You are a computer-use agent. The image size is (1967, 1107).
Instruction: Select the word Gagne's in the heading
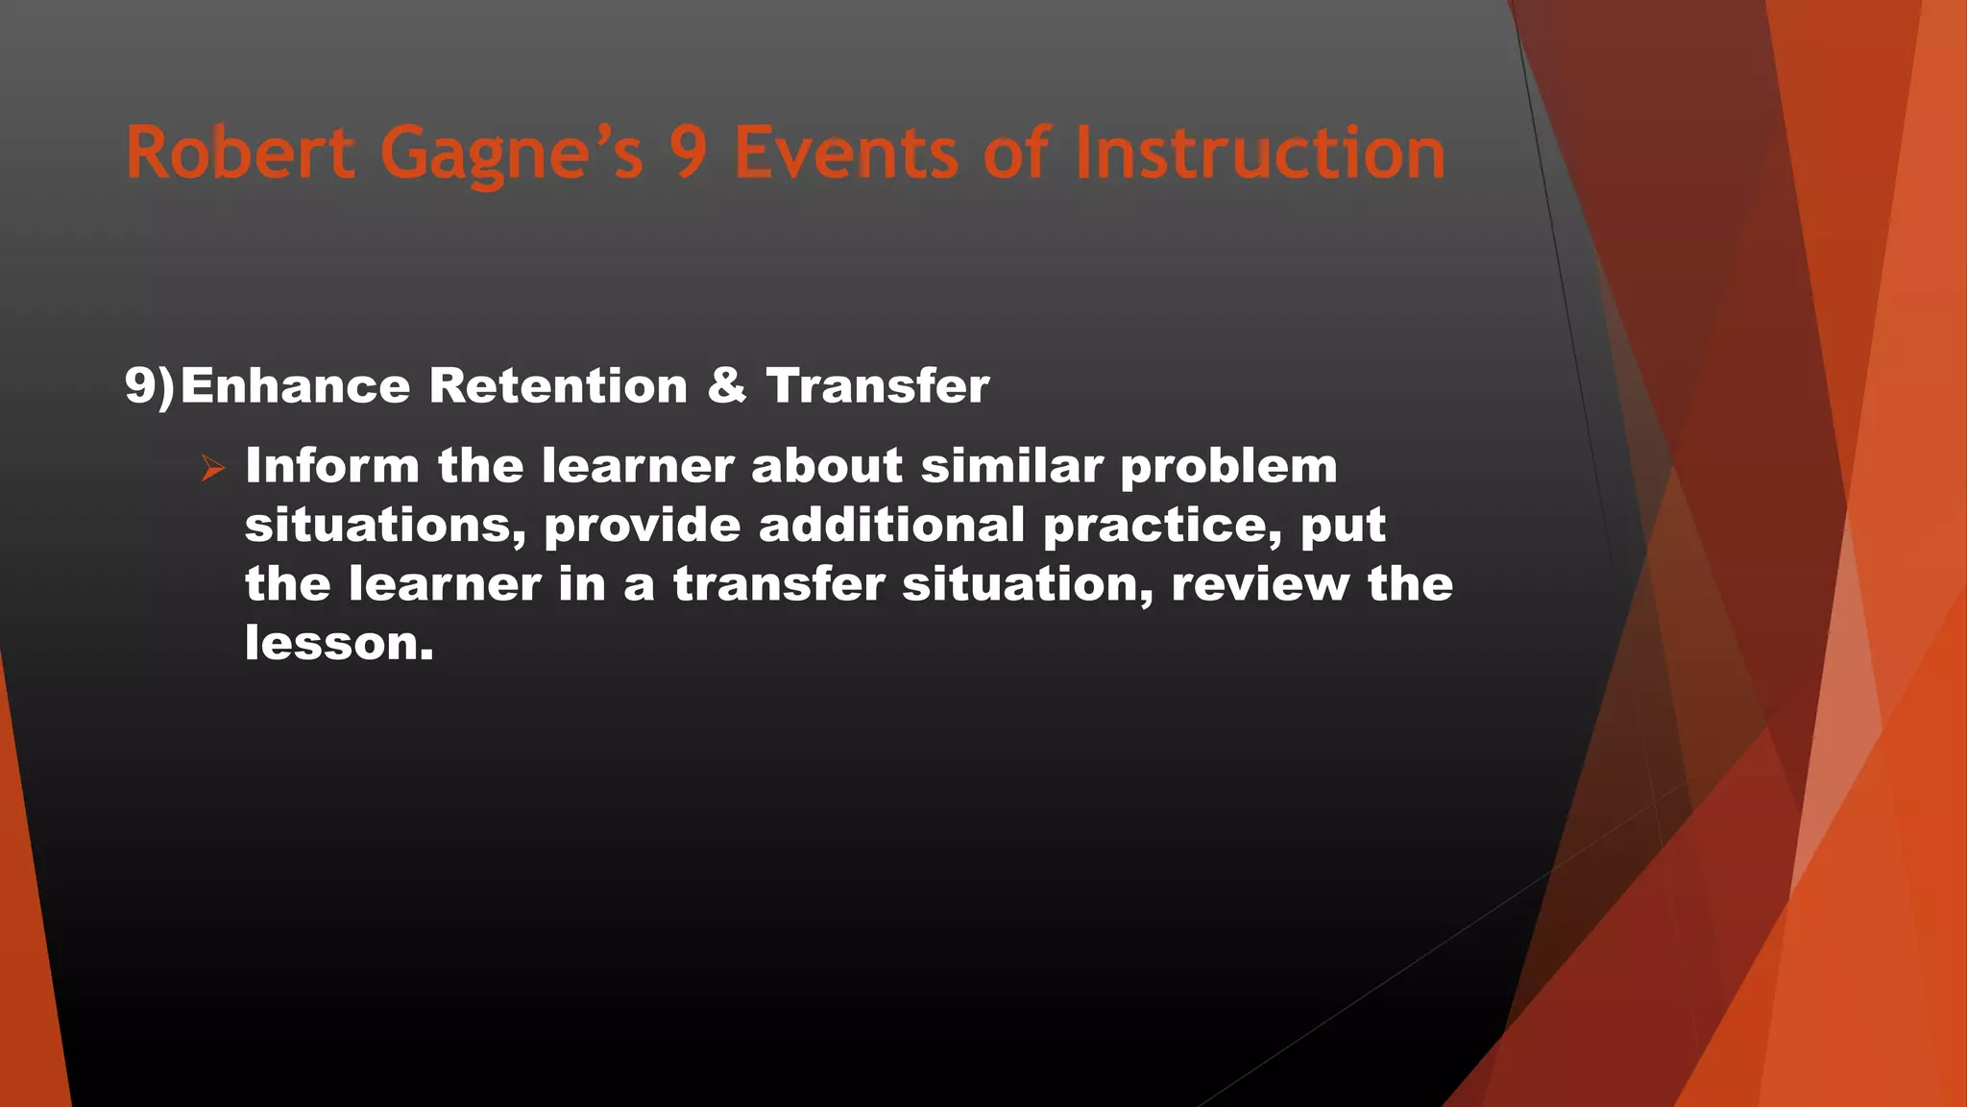(x=511, y=154)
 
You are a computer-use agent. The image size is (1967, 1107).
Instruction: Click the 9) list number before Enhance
(x=150, y=386)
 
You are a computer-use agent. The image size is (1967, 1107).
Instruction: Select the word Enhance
(x=295, y=386)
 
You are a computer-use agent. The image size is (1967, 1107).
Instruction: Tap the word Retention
(x=558, y=386)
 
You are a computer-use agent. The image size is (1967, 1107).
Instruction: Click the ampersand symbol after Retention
(x=727, y=386)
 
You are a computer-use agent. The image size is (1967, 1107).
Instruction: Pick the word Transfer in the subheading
(x=877, y=386)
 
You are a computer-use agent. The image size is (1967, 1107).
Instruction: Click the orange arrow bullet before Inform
(x=213, y=469)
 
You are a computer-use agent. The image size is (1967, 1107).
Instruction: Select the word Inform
(x=332, y=466)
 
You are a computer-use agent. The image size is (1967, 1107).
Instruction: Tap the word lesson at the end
(x=338, y=643)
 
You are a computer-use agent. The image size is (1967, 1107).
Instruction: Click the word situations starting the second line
(x=385, y=526)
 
